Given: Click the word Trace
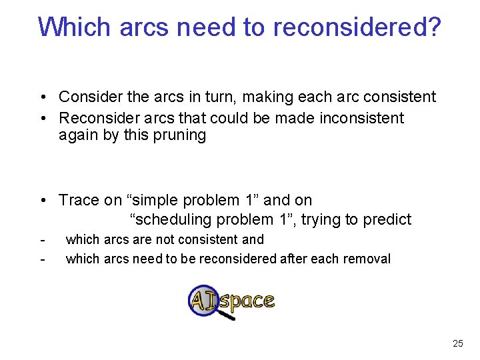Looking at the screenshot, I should (79, 200).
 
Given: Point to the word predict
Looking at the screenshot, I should (387, 219).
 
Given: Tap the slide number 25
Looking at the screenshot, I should (457, 343).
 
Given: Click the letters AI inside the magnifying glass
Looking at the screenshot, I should (203, 300).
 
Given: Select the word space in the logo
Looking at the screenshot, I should (247, 301).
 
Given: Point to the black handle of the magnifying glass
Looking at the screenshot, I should (227, 315).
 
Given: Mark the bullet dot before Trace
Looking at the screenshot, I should (42, 201).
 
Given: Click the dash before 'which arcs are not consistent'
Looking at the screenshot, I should (42, 239).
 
